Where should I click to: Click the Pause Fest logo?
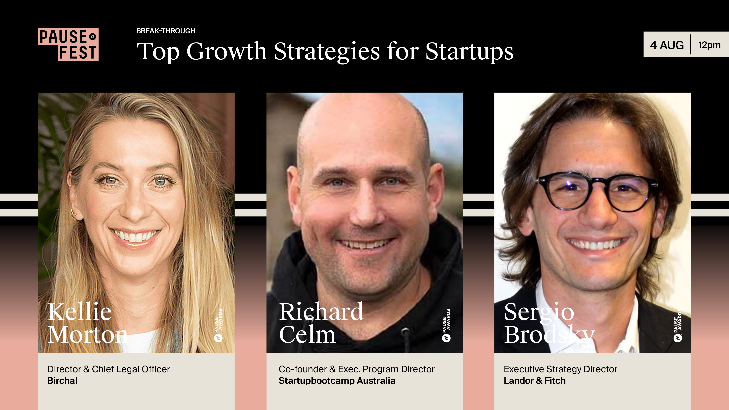tap(68, 44)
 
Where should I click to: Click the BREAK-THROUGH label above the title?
tap(166, 31)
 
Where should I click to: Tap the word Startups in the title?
tap(469, 52)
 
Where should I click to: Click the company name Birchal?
tap(62, 381)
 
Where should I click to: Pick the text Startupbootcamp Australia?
tap(337, 381)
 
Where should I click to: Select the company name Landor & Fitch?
tap(535, 381)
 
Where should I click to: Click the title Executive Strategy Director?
tap(560, 369)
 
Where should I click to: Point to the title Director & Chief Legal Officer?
tap(109, 369)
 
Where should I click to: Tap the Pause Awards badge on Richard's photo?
tap(447, 325)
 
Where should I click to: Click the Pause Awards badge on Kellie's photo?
tap(219, 325)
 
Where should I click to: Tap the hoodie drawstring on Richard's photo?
tap(406, 339)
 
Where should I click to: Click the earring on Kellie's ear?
tap(74, 214)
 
